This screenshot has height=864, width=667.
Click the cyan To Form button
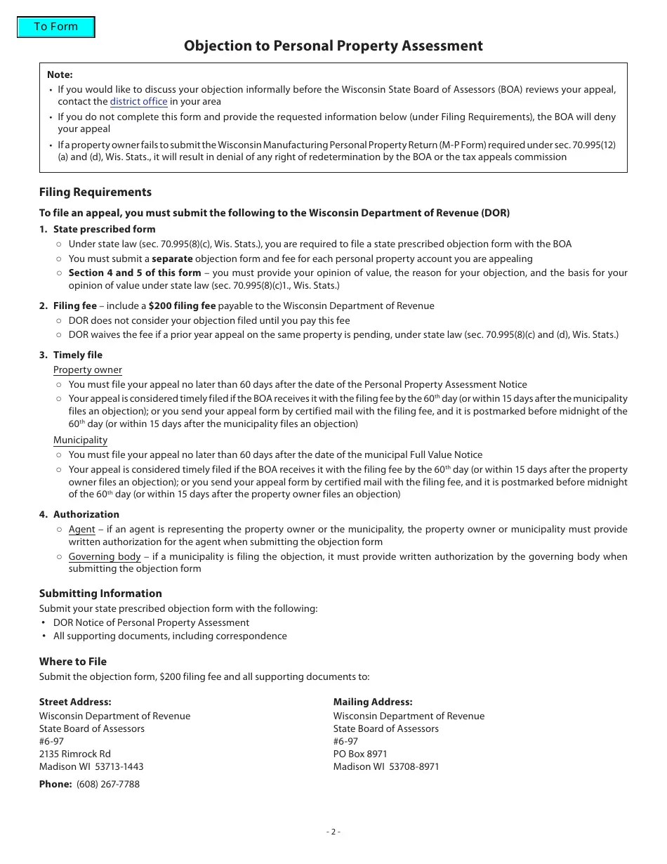(55, 27)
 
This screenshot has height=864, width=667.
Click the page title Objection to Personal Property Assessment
(333, 46)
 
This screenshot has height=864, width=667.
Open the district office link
(138, 102)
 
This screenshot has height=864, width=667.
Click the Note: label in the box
(60, 75)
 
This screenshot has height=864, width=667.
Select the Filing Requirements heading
(95, 192)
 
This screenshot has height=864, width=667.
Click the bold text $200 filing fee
(182, 306)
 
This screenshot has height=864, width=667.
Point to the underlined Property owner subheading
(87, 370)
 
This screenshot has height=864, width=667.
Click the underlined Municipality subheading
(80, 440)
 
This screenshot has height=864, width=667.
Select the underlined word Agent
(81, 530)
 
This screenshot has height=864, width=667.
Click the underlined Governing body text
(104, 557)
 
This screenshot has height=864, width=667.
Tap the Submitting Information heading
(100, 594)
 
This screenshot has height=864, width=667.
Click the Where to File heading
(73, 662)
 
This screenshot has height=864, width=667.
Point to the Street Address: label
(75, 702)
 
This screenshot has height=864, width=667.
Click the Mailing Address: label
(373, 702)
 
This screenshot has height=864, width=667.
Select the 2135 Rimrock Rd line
(75, 754)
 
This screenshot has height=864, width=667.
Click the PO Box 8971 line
(360, 754)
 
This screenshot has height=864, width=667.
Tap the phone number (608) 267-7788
(108, 785)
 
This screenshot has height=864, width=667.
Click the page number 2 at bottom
(333, 832)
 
